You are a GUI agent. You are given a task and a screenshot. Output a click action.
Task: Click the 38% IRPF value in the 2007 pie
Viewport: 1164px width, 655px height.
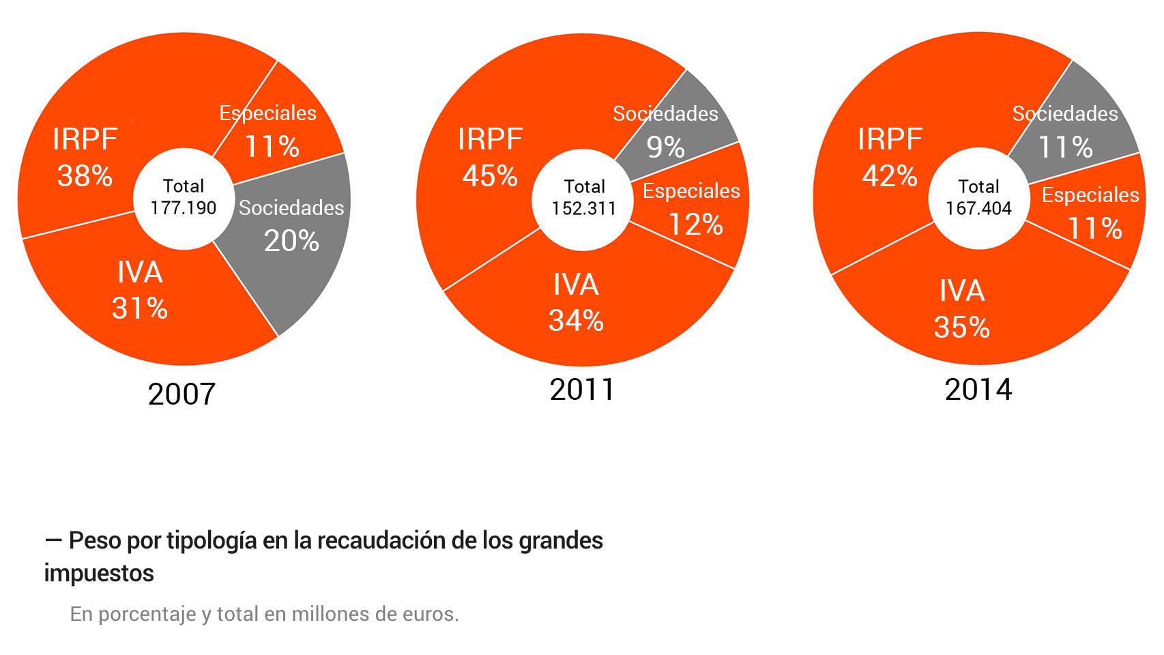tap(85, 176)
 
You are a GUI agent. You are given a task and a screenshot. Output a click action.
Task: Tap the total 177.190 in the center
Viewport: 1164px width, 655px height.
tap(184, 208)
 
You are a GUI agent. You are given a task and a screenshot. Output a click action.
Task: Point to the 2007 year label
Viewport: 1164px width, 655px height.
tap(181, 394)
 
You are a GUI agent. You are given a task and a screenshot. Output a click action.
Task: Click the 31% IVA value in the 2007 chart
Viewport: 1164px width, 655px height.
tap(140, 308)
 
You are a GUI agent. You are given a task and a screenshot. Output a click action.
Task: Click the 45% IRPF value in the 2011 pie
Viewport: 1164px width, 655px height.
tap(490, 176)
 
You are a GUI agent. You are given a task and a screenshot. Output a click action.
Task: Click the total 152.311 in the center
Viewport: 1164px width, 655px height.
tap(584, 209)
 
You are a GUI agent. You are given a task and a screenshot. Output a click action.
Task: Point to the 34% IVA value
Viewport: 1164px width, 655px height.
tap(576, 320)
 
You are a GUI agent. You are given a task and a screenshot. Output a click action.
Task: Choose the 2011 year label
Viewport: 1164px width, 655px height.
tap(582, 390)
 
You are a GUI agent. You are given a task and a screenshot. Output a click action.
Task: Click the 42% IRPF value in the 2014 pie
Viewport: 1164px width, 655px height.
tap(890, 176)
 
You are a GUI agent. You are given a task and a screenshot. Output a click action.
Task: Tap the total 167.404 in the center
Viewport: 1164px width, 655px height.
tap(978, 209)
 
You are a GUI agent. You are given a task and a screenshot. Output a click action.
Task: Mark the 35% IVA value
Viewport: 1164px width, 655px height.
tap(961, 327)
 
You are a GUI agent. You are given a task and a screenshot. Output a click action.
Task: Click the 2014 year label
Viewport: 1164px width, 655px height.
tap(978, 390)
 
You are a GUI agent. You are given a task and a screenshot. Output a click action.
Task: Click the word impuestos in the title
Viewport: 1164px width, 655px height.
tap(99, 573)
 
